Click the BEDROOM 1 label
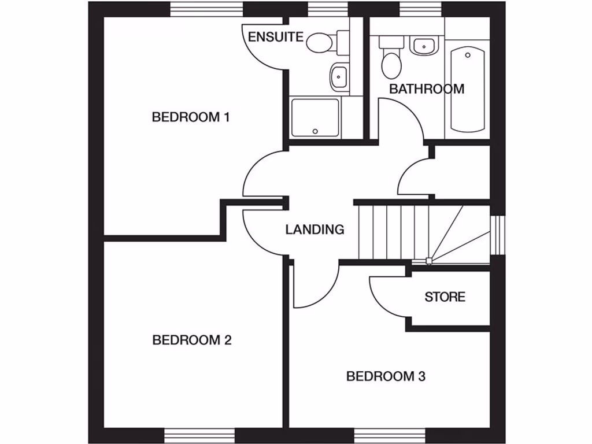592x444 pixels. pyautogui.click(x=191, y=117)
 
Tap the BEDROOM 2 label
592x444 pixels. pyautogui.click(x=192, y=340)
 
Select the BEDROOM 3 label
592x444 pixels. pyautogui.click(x=386, y=376)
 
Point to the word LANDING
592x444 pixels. pyautogui.click(x=314, y=230)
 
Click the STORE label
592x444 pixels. pyautogui.click(x=445, y=297)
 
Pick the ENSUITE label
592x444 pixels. pyautogui.click(x=276, y=37)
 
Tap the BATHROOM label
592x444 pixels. pyautogui.click(x=427, y=89)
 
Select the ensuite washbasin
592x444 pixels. pyautogui.click(x=338, y=76)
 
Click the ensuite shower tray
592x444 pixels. pyautogui.click(x=315, y=117)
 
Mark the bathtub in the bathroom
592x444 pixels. pyautogui.click(x=467, y=90)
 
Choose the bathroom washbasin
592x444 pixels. pyautogui.click(x=423, y=45)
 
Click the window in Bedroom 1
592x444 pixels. pyautogui.click(x=206, y=9)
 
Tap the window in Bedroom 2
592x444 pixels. pyautogui.click(x=199, y=436)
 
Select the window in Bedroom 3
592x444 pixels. pyautogui.click(x=389, y=436)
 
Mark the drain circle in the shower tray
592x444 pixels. pyautogui.click(x=315, y=131)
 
